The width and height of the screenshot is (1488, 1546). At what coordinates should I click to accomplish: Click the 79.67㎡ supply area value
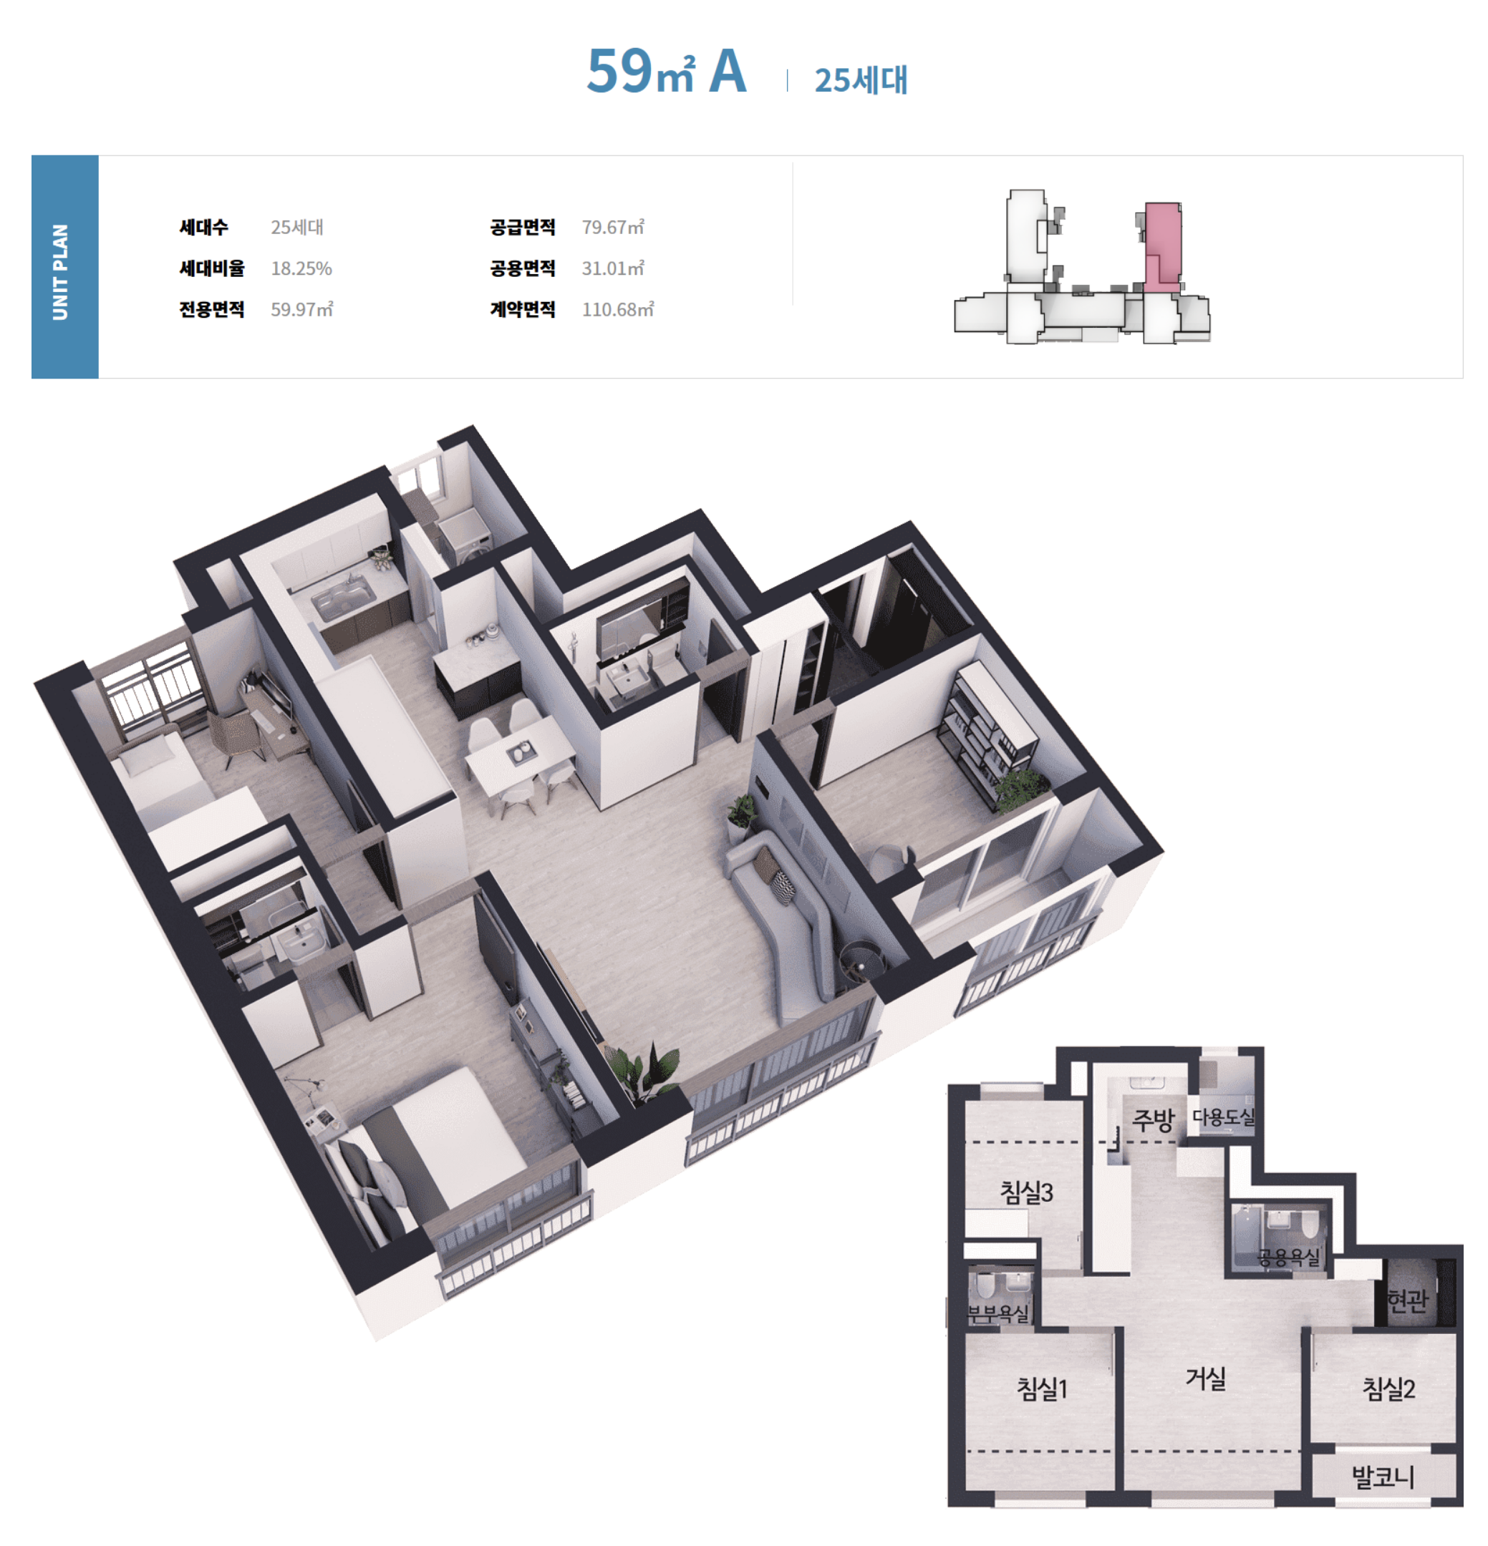612,227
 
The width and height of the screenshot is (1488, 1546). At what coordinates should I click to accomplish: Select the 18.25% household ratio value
301,268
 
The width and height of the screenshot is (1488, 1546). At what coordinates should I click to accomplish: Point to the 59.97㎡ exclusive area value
301,309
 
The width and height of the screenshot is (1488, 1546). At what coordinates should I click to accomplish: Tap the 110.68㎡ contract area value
617,309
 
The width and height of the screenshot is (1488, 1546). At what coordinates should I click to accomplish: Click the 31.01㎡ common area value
612,268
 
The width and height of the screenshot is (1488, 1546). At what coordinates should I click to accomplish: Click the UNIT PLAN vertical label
60,271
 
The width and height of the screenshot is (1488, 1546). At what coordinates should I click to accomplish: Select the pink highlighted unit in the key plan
1161,246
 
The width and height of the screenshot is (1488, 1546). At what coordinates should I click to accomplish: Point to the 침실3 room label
1025,1191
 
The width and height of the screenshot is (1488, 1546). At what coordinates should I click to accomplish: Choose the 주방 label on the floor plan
1153,1119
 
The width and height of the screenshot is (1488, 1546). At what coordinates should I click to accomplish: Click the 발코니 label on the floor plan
1382,1476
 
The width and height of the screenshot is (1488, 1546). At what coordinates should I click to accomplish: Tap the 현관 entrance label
1408,1300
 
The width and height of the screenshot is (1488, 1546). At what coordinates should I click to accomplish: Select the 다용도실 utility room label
1223,1116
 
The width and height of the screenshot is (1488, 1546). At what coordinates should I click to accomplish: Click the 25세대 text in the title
861,80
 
